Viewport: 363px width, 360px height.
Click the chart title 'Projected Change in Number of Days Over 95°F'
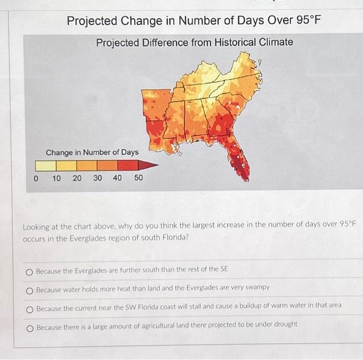tap(194, 21)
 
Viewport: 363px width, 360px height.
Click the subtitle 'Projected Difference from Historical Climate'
tap(194, 42)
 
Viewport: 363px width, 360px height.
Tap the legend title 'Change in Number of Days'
tap(92, 152)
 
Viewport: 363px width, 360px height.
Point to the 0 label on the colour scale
tap(35, 178)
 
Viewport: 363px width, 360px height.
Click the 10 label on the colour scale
tap(57, 178)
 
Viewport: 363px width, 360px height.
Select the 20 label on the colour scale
tap(77, 178)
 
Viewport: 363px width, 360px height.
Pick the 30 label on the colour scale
tap(97, 178)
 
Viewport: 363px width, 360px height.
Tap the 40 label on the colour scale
tap(118, 178)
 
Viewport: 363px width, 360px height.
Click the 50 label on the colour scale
tap(138, 178)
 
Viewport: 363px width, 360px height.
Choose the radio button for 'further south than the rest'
tap(30, 270)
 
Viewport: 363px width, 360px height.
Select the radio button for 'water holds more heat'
tap(30, 288)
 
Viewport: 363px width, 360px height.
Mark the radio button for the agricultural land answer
tap(30, 325)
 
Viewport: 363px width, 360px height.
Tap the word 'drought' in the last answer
tap(285, 325)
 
